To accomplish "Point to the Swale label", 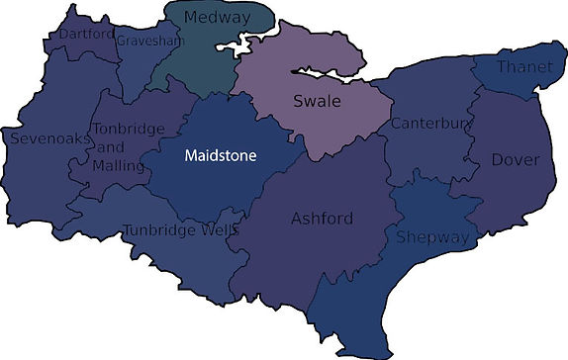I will point(317,101).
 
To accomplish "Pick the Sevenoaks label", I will point(45,138).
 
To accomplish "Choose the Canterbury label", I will point(427,124).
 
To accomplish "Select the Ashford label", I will point(323,218).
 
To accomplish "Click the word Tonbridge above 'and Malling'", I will point(123,129).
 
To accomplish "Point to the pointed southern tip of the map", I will point(343,352).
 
